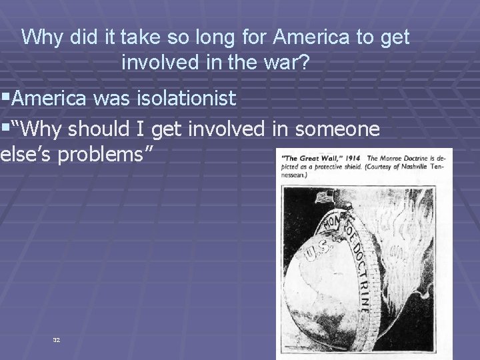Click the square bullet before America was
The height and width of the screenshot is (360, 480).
point(6,99)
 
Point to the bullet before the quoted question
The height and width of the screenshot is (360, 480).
point(6,127)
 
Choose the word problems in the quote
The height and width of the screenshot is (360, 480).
point(103,155)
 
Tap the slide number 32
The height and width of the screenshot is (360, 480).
point(57,339)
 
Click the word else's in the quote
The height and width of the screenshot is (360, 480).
point(23,155)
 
